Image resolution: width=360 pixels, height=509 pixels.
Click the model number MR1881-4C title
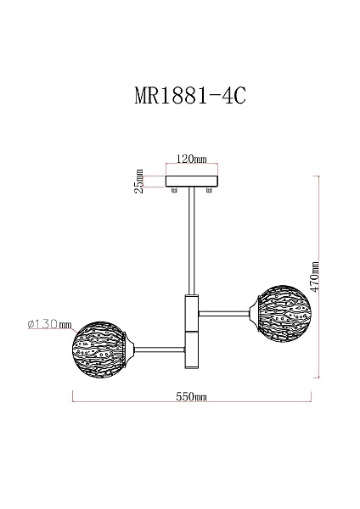point(190,95)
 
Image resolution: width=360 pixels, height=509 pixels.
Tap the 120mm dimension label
point(191,159)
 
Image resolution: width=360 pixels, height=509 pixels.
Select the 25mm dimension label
point(138,182)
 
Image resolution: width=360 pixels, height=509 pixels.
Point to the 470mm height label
point(314,277)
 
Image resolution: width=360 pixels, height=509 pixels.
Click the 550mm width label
point(191,396)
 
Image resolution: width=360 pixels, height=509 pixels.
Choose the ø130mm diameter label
point(50,324)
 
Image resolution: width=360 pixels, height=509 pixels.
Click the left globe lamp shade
point(98,350)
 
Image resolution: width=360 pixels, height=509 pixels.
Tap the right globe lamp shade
point(284,314)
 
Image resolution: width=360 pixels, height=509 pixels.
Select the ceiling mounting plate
point(192,182)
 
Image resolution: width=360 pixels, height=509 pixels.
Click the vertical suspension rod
point(191,241)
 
